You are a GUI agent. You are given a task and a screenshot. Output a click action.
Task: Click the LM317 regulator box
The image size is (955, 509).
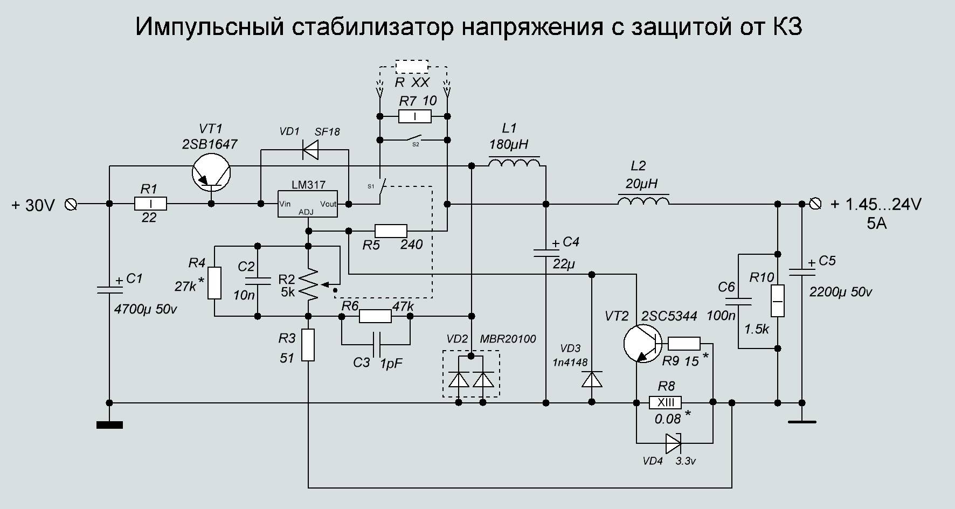click(307, 204)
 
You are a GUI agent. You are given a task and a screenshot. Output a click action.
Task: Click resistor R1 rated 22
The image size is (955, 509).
click(150, 204)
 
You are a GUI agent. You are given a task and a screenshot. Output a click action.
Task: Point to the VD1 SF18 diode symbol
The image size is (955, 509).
click(310, 149)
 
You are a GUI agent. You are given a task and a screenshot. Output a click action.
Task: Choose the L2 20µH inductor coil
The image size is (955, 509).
click(643, 201)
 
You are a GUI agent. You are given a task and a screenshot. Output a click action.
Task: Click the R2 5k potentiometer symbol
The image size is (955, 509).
click(308, 284)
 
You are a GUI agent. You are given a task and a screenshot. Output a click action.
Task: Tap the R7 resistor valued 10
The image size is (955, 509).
click(414, 116)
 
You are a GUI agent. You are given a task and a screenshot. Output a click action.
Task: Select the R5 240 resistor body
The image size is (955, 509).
click(391, 231)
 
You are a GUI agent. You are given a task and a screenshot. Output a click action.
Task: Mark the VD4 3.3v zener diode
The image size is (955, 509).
click(674, 443)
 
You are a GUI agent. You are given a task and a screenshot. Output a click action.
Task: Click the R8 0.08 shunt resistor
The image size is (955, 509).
click(665, 402)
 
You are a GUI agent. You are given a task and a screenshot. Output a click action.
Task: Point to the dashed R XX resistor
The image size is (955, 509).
click(412, 67)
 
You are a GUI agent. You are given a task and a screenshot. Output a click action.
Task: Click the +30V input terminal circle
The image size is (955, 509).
click(71, 204)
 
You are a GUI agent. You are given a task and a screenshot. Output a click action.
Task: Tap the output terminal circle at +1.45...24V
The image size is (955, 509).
click(815, 204)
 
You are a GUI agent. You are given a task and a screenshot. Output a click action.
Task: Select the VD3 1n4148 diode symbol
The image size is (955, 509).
click(592, 379)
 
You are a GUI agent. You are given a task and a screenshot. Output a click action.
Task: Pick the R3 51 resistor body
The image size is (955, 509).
click(308, 345)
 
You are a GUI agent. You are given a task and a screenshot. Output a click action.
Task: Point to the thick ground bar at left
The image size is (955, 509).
click(109, 425)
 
